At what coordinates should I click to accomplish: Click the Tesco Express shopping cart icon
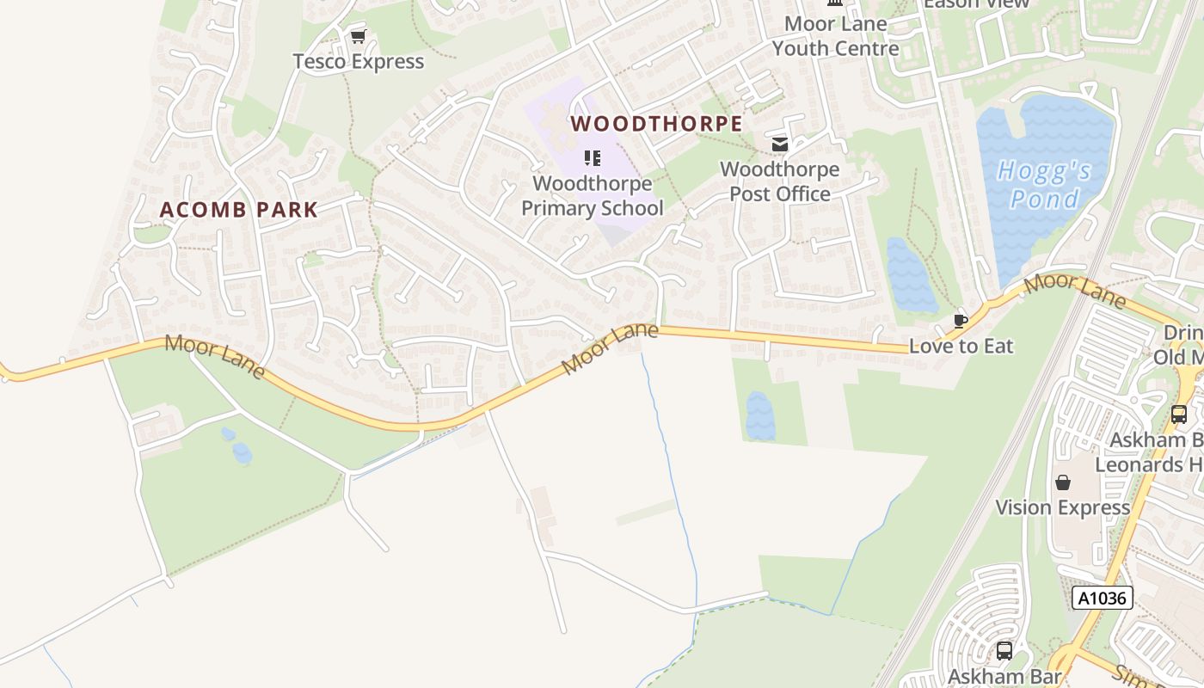[358, 36]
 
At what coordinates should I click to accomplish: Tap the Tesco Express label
[358, 62]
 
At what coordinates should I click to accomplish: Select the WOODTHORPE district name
[656, 124]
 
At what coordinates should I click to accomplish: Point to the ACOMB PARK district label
[239, 210]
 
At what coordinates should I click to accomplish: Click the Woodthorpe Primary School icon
[592, 158]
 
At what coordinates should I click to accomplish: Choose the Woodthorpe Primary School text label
[592, 196]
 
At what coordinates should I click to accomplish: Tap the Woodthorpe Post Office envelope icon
[779, 144]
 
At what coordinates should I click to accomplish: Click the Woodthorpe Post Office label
[779, 181]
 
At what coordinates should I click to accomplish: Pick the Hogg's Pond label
[1044, 185]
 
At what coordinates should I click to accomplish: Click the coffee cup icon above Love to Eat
[961, 321]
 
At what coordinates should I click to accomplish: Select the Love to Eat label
[961, 346]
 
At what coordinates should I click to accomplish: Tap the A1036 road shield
[1102, 598]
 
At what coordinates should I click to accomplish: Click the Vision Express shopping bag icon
[1063, 482]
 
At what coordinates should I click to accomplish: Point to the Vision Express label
[1062, 507]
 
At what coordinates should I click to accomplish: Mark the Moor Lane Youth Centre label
[835, 36]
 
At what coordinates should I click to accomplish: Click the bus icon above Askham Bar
[1004, 651]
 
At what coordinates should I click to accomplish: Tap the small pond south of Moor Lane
[759, 416]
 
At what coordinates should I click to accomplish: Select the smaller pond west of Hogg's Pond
[911, 275]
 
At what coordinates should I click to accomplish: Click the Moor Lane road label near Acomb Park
[215, 355]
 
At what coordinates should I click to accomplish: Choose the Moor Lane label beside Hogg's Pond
[1075, 291]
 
